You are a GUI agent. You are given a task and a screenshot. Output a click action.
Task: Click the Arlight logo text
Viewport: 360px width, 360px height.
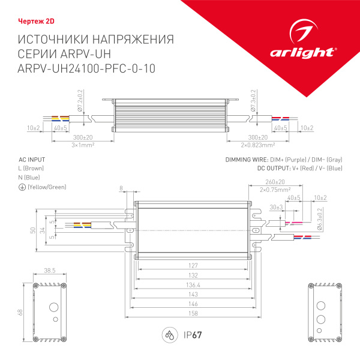point(311,52)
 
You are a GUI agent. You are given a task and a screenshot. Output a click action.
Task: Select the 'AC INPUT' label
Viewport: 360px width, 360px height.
point(32,160)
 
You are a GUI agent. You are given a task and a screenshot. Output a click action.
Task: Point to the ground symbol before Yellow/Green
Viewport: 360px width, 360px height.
point(22,187)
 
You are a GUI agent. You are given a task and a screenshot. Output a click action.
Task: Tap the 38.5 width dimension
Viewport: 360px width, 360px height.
point(50,271)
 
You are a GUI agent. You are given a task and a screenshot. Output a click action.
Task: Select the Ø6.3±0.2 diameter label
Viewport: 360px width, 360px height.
point(320,220)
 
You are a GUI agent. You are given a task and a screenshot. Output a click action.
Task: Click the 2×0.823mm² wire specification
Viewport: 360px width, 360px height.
point(259,145)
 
